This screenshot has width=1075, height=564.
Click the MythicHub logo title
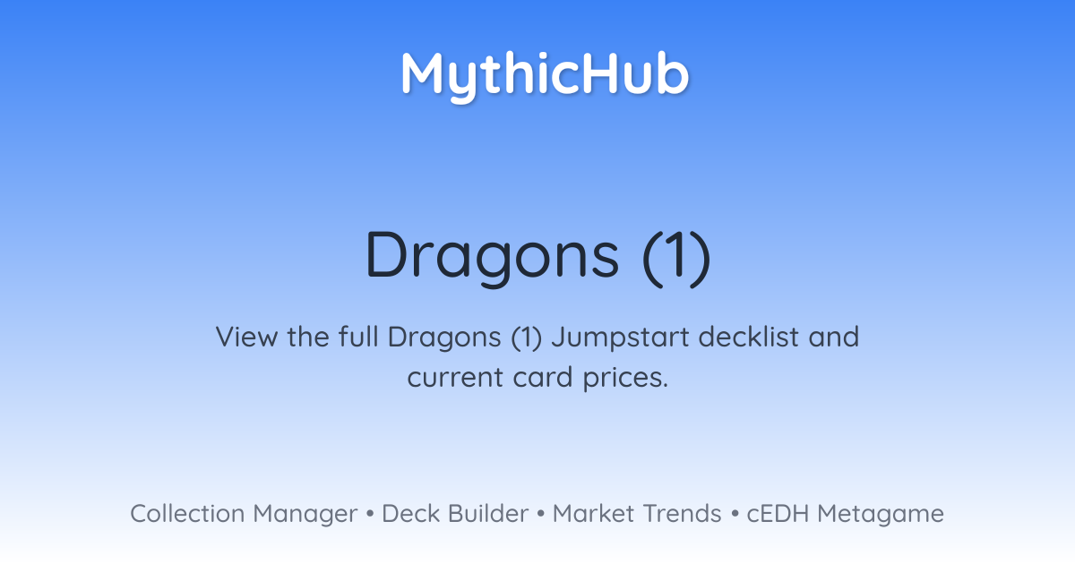pyautogui.click(x=545, y=76)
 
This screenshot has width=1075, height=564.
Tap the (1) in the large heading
pyautogui.click(x=676, y=259)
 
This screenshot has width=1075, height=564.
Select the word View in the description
pyautogui.click(x=246, y=337)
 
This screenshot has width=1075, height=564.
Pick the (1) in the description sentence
pyautogui.click(x=527, y=338)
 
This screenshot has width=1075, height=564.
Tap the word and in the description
pyautogui.click(x=834, y=337)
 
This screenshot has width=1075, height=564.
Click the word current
pyautogui.click(x=455, y=378)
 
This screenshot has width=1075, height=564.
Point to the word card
pyautogui.click(x=543, y=377)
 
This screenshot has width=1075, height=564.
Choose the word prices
pyautogui.click(x=625, y=379)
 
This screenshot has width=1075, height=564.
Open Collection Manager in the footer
pyautogui.click(x=244, y=514)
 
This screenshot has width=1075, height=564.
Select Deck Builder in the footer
pyautogui.click(x=455, y=514)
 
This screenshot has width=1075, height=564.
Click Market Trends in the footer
pyautogui.click(x=637, y=514)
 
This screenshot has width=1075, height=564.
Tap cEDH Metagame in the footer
pyautogui.click(x=845, y=514)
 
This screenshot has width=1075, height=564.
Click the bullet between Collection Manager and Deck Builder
pyautogui.click(x=369, y=514)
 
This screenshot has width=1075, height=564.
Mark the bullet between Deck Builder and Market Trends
pyautogui.click(x=541, y=514)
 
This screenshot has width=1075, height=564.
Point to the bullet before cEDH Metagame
pyautogui.click(x=735, y=514)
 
